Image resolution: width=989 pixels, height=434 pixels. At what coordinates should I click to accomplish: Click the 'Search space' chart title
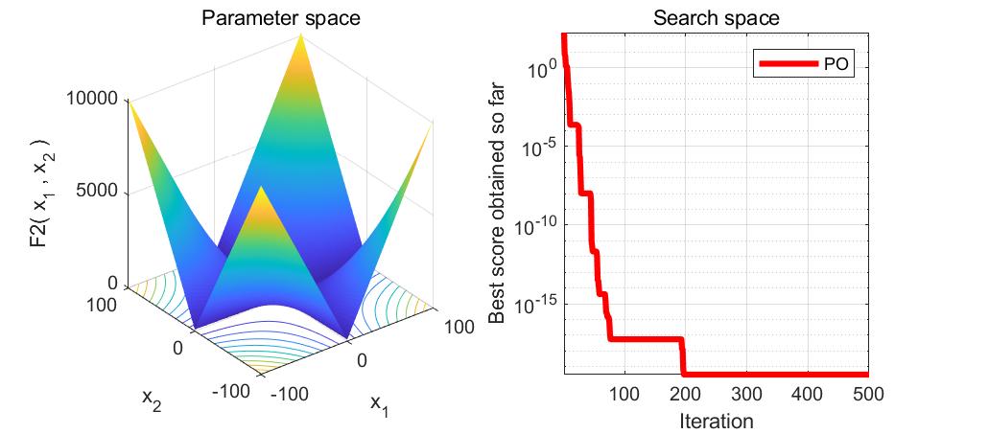[716, 18]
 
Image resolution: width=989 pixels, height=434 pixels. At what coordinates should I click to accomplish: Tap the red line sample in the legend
[789, 64]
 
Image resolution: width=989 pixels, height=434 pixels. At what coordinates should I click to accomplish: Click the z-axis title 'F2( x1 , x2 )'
[38, 191]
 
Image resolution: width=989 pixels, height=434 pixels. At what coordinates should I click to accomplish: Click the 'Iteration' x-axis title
[716, 421]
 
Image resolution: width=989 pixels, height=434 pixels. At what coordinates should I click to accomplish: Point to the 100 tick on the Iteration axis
[624, 394]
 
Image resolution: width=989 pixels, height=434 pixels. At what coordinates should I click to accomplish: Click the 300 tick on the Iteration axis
[746, 394]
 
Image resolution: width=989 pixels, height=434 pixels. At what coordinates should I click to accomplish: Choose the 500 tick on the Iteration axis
[867, 394]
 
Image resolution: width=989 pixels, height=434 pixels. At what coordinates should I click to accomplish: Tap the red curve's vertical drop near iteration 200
[683, 356]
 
